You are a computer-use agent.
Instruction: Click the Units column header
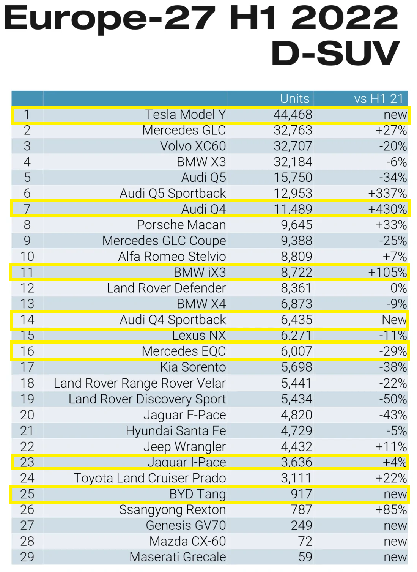tap(294, 99)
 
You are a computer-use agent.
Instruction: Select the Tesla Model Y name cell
tap(185, 115)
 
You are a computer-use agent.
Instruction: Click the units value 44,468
tap(293, 115)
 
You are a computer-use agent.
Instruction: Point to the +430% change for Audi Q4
tap(387, 209)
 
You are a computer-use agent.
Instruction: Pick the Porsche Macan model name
tap(181, 225)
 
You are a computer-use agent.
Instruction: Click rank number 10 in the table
tap(27, 257)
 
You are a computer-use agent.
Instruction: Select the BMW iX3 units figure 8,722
tap(296, 273)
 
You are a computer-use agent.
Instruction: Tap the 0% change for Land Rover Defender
tap(398, 288)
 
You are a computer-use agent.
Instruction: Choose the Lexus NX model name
tap(199, 336)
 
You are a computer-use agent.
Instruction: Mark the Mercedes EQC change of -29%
tap(393, 351)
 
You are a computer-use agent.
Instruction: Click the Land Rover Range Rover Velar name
tap(140, 383)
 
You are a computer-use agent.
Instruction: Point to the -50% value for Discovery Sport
tap(393, 399)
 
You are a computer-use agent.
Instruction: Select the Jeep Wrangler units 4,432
tap(296, 447)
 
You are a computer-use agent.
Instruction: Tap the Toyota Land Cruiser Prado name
tap(149, 478)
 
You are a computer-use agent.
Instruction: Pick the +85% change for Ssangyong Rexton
tap(391, 510)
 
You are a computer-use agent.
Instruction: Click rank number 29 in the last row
tap(27, 557)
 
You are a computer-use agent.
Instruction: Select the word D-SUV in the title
tap(335, 53)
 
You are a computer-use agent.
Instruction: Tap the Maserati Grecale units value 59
tap(305, 557)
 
